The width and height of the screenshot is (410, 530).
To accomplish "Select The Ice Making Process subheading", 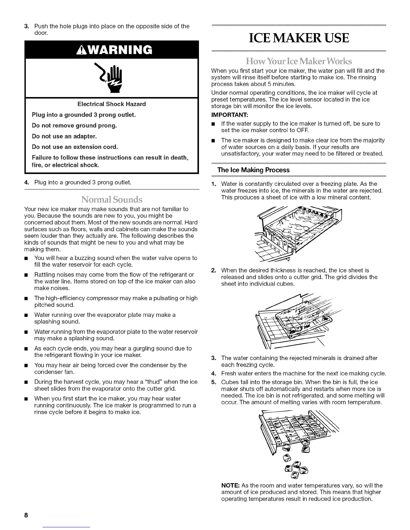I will click(x=254, y=170).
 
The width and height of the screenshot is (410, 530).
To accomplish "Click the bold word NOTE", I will click(x=230, y=485).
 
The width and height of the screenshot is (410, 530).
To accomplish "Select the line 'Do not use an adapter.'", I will click(x=64, y=136).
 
